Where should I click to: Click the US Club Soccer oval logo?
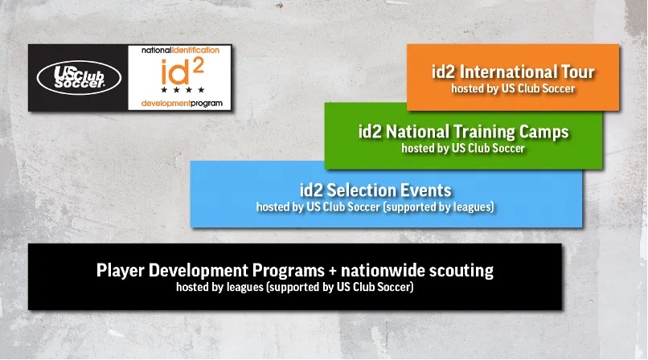(x=79, y=78)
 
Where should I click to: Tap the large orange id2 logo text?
(x=182, y=71)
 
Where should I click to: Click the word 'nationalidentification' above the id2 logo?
(x=181, y=50)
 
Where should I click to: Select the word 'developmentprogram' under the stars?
(x=182, y=103)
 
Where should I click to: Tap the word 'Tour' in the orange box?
(x=578, y=72)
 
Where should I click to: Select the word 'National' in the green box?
(x=417, y=132)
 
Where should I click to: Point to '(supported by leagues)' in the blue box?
(x=438, y=207)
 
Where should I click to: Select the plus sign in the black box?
(x=333, y=272)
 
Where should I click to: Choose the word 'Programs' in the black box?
(x=289, y=272)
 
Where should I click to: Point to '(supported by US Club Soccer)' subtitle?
(x=340, y=287)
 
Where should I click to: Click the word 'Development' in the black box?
(x=199, y=272)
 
